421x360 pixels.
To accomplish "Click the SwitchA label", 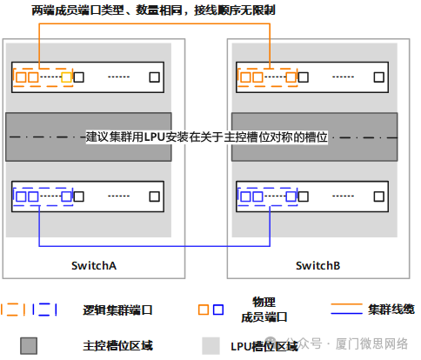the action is click(94, 265).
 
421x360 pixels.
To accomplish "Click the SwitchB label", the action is click(318, 265).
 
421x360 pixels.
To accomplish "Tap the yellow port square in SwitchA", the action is click(67, 77).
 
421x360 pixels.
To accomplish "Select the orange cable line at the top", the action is click(155, 24).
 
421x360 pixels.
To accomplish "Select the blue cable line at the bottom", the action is click(155, 246).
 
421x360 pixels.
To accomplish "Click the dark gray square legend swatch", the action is click(29, 346).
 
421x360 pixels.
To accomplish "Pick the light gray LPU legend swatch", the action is click(210, 346).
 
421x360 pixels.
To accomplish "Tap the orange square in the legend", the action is click(204, 310).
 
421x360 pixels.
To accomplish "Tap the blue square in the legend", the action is click(218, 310).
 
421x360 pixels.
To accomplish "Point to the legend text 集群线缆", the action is click(391, 310).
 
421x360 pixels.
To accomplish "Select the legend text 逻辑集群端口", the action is click(117, 310).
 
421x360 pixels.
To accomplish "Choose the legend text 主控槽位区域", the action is click(117, 346).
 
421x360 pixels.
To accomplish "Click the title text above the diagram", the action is click(153, 10).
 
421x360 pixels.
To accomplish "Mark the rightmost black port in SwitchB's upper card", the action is click(379, 77).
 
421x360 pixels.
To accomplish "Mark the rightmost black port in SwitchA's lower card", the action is click(155, 197).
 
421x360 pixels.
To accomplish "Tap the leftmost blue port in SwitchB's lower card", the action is click(245, 197).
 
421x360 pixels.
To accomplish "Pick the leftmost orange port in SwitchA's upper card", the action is click(21, 77).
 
